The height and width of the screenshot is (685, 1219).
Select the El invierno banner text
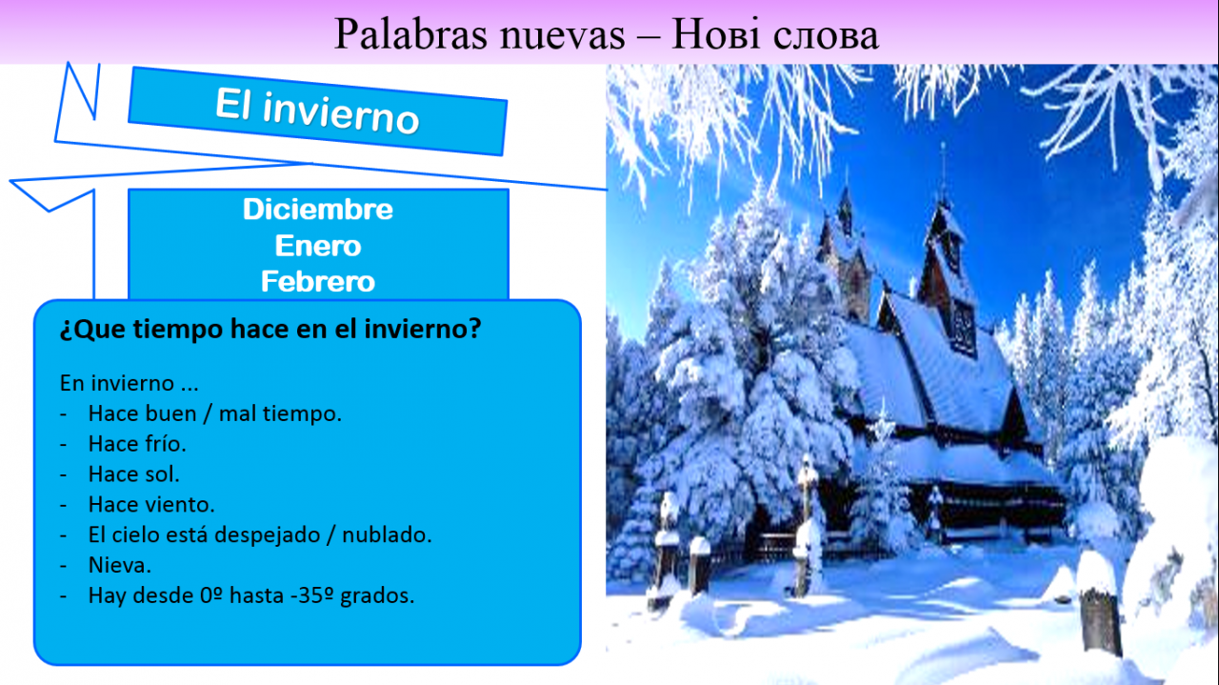pyautogui.click(x=317, y=111)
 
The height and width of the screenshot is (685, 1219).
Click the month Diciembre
pyautogui.click(x=318, y=210)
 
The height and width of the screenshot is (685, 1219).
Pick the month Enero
pyautogui.click(x=318, y=246)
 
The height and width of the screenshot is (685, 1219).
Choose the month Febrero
pyautogui.click(x=318, y=282)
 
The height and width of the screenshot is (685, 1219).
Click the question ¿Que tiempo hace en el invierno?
pyautogui.click(x=270, y=329)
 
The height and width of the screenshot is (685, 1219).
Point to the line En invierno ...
pyautogui.click(x=129, y=383)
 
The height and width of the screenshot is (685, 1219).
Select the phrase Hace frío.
pyautogui.click(x=137, y=444)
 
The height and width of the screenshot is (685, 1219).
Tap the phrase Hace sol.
pyautogui.click(x=134, y=474)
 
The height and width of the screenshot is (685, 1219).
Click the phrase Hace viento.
pyautogui.click(x=151, y=505)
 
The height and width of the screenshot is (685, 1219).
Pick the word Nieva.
pyautogui.click(x=120, y=565)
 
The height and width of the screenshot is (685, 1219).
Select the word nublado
pyautogui.click(x=387, y=535)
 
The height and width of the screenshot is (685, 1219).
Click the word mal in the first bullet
pyautogui.click(x=238, y=413)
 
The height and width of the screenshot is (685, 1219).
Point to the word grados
pyautogui.click(x=377, y=596)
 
